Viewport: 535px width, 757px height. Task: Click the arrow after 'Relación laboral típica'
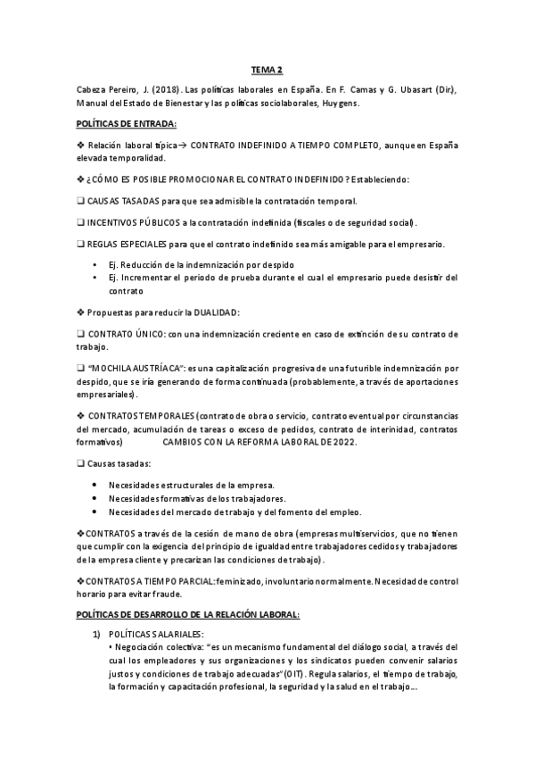click(x=183, y=145)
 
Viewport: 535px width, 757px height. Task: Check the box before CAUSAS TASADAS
click(x=80, y=200)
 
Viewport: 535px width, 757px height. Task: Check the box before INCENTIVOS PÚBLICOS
click(x=80, y=222)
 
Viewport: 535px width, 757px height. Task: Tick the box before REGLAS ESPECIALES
click(x=80, y=244)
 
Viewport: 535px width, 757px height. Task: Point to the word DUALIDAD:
click(x=213, y=312)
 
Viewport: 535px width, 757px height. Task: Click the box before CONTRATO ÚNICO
click(x=80, y=334)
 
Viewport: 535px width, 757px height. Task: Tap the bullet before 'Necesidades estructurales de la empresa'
click(x=95, y=485)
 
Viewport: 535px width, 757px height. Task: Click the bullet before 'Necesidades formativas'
click(x=95, y=498)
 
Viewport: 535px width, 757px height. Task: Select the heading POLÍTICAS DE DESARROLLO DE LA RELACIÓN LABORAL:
click(x=188, y=615)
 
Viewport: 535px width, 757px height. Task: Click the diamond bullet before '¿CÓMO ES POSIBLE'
click(x=79, y=179)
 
